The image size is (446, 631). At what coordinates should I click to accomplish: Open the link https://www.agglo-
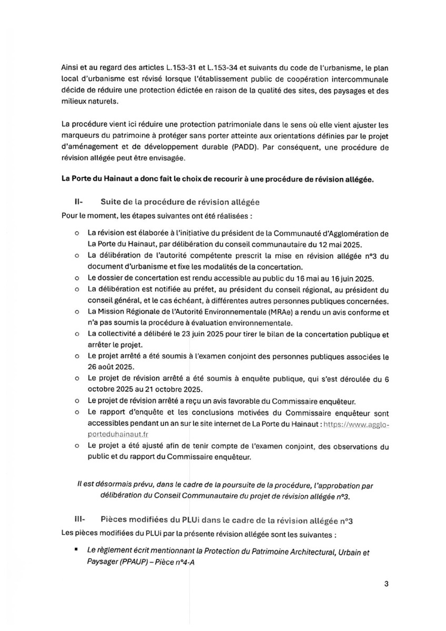pyautogui.click(x=356, y=423)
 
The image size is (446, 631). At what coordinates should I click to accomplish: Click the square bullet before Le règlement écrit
pyautogui.click(x=77, y=548)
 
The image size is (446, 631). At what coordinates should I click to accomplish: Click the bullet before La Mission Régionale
pyautogui.click(x=77, y=312)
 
